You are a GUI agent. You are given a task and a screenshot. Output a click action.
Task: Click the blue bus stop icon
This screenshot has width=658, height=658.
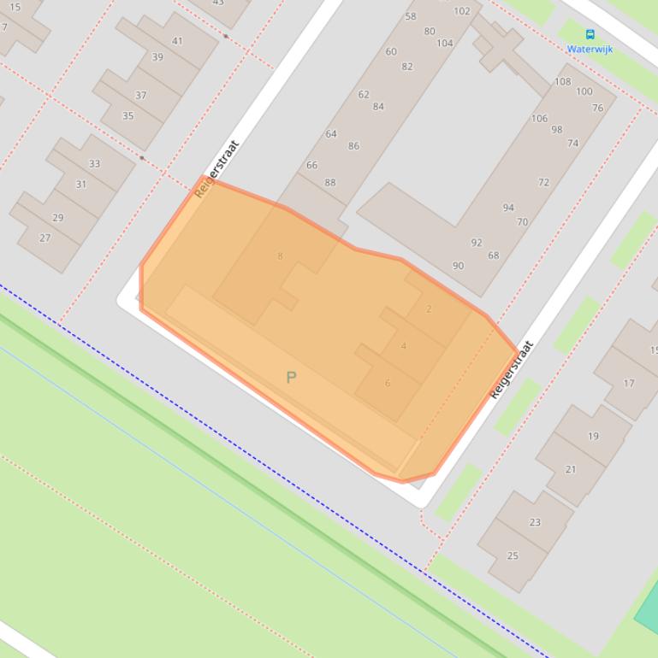[x=590, y=34]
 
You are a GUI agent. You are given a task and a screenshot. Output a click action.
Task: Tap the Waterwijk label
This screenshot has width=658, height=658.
[x=590, y=49]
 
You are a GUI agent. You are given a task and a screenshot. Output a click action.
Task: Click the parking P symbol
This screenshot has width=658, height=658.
[x=291, y=377]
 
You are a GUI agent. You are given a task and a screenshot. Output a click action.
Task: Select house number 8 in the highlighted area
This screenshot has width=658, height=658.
[x=280, y=256]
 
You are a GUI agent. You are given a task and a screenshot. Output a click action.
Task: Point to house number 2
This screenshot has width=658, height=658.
[x=429, y=309]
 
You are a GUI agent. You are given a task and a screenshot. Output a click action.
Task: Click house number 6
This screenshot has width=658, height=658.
[x=387, y=383]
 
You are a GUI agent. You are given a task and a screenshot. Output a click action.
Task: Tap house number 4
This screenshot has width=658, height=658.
[x=403, y=346]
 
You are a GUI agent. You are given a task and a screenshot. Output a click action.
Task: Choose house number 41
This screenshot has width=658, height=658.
[x=177, y=40]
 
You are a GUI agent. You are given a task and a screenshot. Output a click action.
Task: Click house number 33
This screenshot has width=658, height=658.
[x=94, y=163]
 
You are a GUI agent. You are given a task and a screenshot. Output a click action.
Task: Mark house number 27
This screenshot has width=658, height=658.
[x=45, y=238]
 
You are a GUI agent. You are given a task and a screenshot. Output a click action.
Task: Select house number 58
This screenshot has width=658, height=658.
[x=411, y=16]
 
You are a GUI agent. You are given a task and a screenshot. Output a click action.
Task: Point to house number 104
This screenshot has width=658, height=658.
[x=445, y=43]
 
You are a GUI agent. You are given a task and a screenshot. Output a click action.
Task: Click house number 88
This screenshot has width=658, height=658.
[x=330, y=182]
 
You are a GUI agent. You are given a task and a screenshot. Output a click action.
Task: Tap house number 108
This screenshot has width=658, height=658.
[x=562, y=82]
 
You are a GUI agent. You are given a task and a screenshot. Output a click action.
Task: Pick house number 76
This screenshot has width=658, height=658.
[x=597, y=108]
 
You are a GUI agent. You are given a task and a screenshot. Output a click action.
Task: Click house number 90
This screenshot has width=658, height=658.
[x=458, y=266]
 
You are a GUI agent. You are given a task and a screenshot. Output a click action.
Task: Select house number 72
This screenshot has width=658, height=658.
[x=543, y=182]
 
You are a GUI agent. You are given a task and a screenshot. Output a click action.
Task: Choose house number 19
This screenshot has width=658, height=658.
[x=593, y=436]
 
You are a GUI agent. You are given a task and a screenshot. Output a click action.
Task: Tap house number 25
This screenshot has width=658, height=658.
[x=513, y=555]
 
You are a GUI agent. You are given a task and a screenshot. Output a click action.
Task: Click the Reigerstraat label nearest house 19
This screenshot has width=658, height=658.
[x=512, y=369]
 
